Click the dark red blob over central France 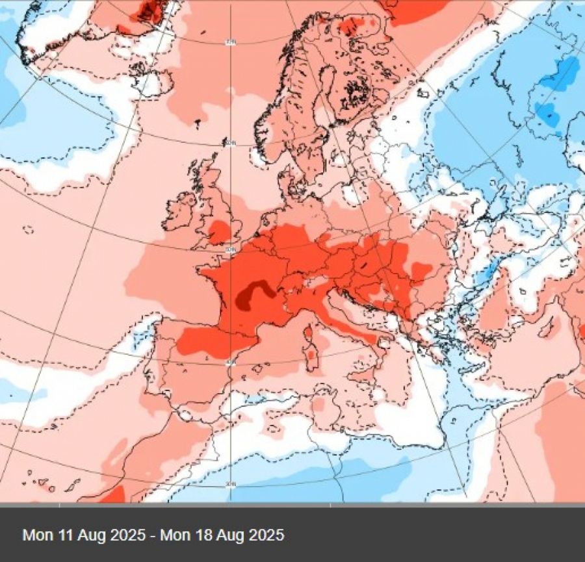pos(254,294)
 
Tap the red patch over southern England pos(219,231)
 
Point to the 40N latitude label pos(230,362)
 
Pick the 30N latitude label pos(230,485)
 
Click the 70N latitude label pos(230,43)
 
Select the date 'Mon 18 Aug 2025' pos(222,535)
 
